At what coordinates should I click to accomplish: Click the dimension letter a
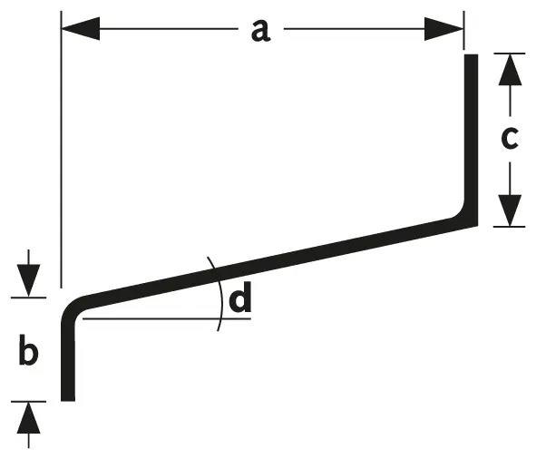(261, 31)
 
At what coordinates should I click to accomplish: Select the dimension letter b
(28, 350)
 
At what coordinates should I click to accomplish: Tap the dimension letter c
(510, 138)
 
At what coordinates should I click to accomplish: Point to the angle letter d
(240, 297)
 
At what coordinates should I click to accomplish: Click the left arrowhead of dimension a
(81, 29)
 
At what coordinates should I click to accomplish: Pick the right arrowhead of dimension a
(443, 29)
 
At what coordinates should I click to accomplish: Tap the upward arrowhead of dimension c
(510, 70)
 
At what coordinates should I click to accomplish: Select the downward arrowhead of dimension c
(510, 210)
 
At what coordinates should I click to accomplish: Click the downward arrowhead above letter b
(28, 280)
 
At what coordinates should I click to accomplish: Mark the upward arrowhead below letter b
(28, 418)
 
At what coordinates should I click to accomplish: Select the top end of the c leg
(471, 54)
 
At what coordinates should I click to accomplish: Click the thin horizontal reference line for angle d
(167, 318)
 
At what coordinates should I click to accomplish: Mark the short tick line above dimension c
(510, 54)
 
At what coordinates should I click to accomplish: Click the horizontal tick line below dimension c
(510, 227)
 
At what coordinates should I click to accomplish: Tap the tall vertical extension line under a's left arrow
(61, 150)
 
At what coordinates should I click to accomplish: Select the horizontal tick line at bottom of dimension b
(28, 402)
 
